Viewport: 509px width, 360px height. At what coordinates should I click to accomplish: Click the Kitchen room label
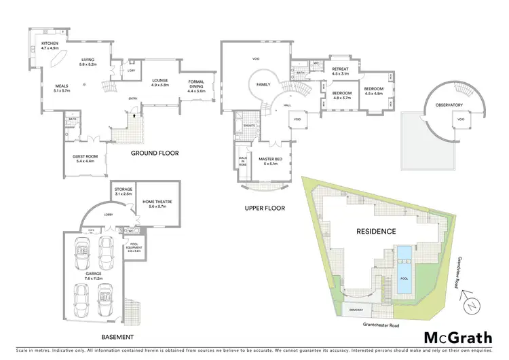coord(50,45)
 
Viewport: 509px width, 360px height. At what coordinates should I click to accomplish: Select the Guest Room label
coord(86,157)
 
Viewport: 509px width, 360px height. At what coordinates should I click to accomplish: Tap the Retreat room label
coord(339,69)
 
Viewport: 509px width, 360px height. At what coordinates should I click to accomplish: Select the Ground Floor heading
coord(155,154)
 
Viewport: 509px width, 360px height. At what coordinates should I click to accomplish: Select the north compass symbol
coord(468,306)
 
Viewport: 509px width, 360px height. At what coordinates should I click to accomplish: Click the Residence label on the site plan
coord(376,232)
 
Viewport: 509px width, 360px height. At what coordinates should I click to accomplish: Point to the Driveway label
coord(356,309)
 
